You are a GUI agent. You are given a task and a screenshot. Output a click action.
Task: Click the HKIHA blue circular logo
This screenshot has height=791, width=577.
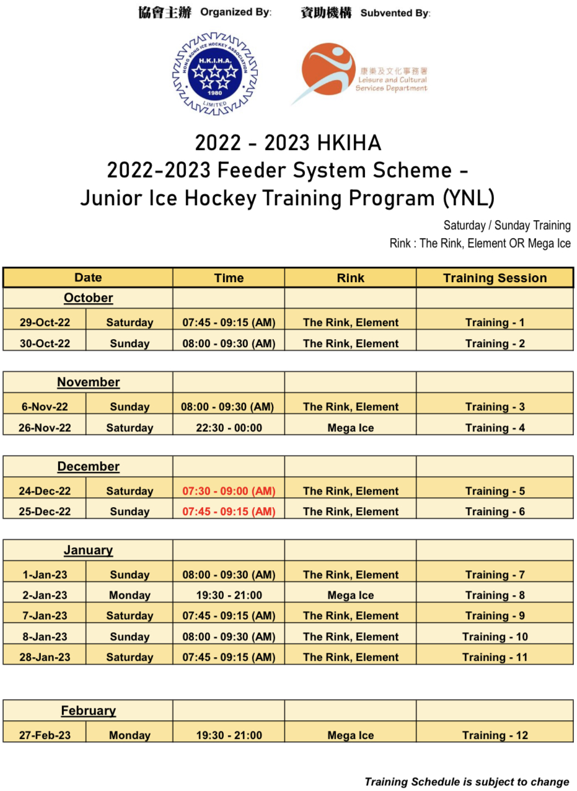[x=214, y=73]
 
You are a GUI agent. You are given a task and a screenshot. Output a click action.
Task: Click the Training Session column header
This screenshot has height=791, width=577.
[x=495, y=278]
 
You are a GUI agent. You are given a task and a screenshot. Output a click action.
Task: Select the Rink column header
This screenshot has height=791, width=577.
[x=350, y=278]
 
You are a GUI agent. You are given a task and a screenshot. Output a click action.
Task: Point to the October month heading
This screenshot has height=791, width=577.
[x=88, y=298]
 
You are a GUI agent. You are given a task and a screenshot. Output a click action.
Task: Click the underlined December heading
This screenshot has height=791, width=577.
[x=88, y=466]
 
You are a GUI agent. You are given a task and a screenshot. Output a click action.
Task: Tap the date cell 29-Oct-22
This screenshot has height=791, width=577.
[x=45, y=322]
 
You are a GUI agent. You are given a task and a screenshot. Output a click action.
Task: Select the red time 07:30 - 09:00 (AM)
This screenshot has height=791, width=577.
[x=229, y=491]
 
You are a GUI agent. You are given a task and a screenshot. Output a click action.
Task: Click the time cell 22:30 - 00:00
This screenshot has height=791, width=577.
[x=229, y=428]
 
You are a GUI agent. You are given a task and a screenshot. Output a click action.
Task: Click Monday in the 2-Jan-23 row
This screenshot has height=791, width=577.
[x=130, y=595]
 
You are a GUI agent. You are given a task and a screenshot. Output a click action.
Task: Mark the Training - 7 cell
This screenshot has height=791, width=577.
[x=495, y=575]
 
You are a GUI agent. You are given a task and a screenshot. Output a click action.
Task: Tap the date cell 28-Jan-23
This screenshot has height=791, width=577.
[x=45, y=657]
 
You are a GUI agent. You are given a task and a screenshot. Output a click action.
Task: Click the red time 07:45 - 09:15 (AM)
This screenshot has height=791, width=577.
[x=229, y=511]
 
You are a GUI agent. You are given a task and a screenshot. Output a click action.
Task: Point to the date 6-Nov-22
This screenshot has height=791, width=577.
[x=45, y=407]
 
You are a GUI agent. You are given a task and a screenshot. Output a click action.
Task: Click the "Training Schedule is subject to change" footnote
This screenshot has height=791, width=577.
[x=467, y=782]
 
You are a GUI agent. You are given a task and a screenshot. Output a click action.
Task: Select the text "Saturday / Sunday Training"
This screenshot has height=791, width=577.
[x=507, y=225]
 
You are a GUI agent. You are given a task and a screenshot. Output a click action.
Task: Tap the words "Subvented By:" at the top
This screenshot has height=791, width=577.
[x=395, y=13]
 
